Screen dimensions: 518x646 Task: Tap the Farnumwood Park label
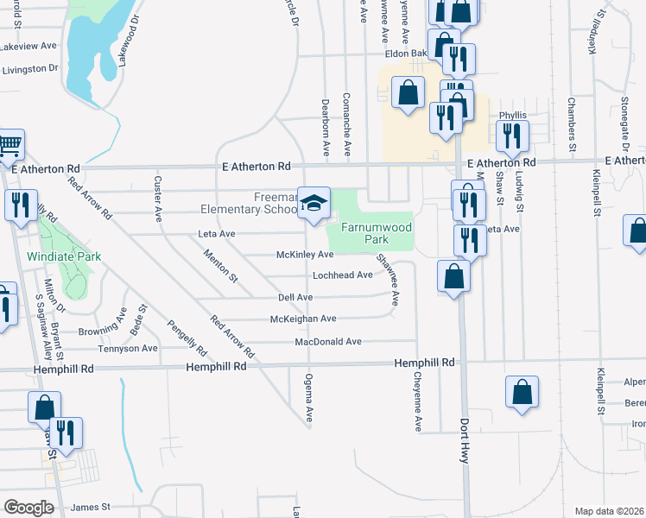tap(376, 232)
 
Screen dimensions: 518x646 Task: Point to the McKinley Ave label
tap(304, 255)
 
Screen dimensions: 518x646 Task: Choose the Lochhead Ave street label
tap(342, 275)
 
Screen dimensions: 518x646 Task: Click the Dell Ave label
tap(295, 297)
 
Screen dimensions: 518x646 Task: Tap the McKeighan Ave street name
tap(303, 319)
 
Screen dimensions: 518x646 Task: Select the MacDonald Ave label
tap(327, 342)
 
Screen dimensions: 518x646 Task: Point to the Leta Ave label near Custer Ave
tap(217, 233)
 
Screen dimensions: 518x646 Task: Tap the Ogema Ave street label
tap(307, 400)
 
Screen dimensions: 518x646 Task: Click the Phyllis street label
tap(512, 115)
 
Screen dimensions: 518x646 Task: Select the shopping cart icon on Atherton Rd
tap(9, 145)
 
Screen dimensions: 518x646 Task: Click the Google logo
tap(28, 507)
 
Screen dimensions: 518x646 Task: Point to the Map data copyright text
tap(610, 511)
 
